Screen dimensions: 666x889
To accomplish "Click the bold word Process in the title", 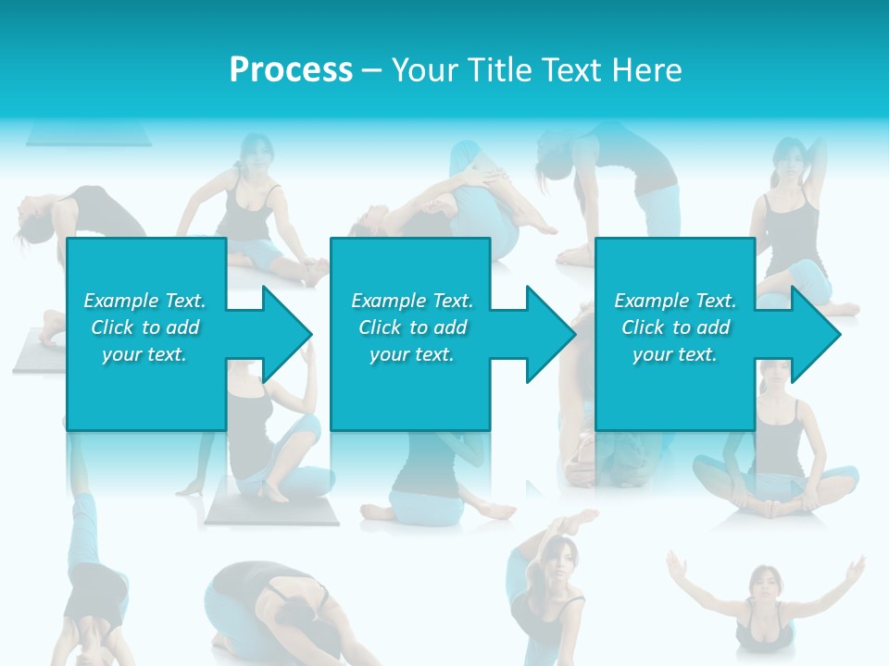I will coord(291,70).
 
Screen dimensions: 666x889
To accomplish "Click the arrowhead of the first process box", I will coord(287,334).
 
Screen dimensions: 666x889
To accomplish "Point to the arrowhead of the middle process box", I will coord(551,334).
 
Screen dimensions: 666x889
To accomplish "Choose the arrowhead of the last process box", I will coord(815,334).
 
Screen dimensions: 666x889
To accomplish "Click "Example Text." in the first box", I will coord(144,301).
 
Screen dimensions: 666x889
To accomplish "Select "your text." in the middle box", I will coord(411,354).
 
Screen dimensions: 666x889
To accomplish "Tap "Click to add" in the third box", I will coord(675,327).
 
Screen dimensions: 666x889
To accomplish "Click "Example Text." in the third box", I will coord(675,301).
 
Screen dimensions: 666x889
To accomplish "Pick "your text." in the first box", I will coord(144,354).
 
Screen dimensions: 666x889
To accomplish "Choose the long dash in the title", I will coord(372,70).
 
